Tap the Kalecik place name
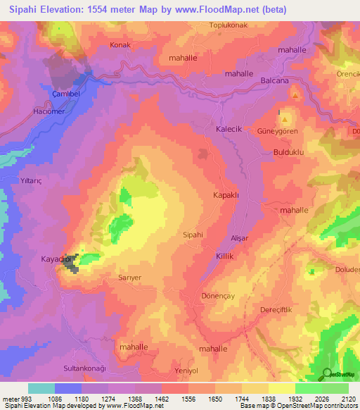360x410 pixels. [228, 130]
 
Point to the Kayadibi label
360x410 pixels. [58, 260]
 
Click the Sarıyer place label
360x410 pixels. [129, 278]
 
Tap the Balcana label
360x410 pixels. [275, 81]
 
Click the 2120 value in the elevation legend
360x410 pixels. [348, 399]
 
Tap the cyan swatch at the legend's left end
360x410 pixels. [41, 388]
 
